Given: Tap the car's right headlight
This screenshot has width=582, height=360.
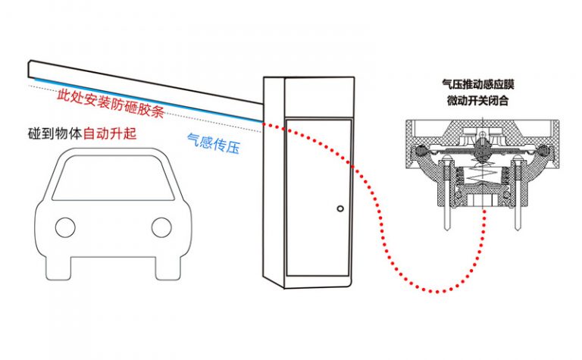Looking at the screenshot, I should pyautogui.click(x=161, y=225).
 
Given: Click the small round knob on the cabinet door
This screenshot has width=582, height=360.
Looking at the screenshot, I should pyautogui.click(x=340, y=209).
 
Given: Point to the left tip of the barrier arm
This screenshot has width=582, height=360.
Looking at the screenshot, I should pyautogui.click(x=30, y=69).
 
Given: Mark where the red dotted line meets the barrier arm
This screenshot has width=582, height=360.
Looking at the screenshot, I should pyautogui.click(x=261, y=122).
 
